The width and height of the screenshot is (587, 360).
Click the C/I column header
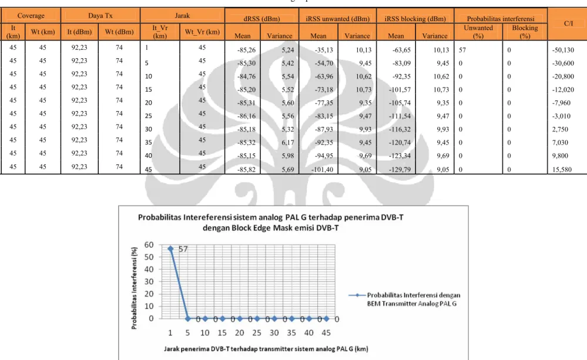pos(568,23)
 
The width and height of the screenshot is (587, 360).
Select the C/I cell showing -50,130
pos(563,50)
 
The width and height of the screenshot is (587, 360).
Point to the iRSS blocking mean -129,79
pos(400,170)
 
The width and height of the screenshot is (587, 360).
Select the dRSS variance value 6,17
pos(288,143)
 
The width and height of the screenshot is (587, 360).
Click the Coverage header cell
pos(31,16)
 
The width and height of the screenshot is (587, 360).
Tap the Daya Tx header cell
pos(100,16)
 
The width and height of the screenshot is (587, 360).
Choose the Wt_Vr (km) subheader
pos(202,32)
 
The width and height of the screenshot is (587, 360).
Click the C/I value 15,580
pos(562,170)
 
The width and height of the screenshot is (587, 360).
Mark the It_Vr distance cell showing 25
pos(148,116)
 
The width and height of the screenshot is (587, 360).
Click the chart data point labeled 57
pos(170,248)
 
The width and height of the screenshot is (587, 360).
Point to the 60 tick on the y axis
pos(149,245)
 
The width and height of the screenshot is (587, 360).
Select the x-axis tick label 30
pos(274,332)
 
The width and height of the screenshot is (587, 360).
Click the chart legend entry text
pos(413,300)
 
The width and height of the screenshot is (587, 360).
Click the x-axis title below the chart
pos(266,349)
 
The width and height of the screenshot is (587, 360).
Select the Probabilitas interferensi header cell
pos(501,19)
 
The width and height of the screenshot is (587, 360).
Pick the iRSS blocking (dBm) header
pos(415,19)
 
